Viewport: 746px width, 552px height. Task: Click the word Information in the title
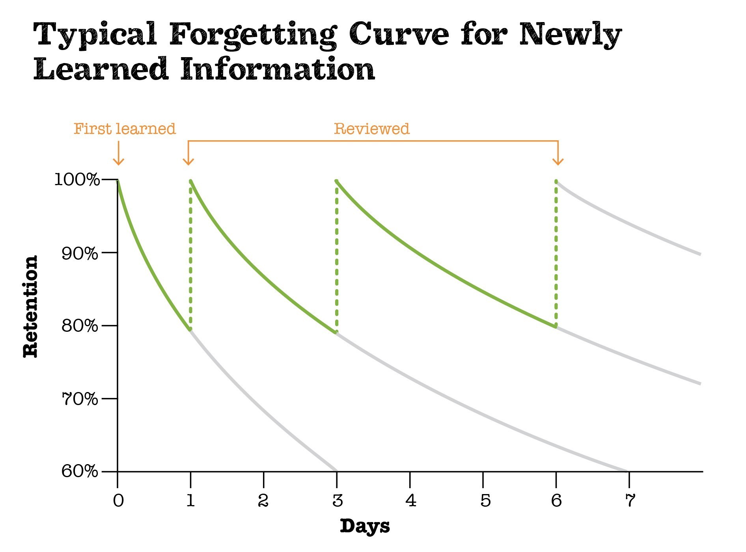coord(278,69)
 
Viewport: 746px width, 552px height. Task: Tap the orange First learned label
coord(125,129)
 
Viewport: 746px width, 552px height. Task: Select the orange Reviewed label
coord(372,129)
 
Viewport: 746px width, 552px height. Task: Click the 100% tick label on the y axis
coord(77,180)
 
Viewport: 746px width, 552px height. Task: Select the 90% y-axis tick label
coord(80,253)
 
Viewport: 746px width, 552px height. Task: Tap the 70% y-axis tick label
coord(80,399)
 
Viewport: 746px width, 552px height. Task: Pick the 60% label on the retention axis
coord(80,471)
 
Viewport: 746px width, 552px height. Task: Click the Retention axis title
coord(30,306)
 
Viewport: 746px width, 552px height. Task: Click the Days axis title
coord(365,526)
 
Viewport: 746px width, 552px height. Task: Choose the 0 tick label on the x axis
coord(118,501)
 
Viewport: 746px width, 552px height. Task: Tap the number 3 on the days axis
coord(338,501)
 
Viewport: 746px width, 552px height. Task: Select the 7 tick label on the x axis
coord(630,501)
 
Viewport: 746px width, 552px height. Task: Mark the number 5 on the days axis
coord(485,501)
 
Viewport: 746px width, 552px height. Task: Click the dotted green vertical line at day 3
coord(337,256)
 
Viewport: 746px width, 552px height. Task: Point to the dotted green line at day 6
coord(556,252)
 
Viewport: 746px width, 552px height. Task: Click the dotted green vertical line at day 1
coord(190,256)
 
